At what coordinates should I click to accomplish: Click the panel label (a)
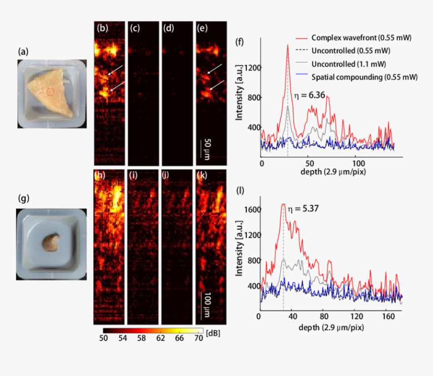coord(23,52)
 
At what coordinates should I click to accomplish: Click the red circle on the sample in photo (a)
coord(50,92)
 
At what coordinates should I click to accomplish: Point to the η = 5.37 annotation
coord(301,207)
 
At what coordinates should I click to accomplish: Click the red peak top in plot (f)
coord(287,45)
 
